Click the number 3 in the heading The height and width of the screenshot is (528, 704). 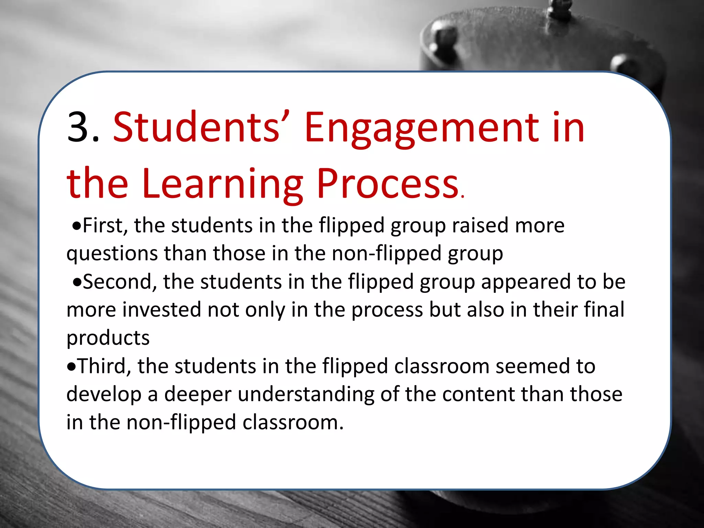(79, 127)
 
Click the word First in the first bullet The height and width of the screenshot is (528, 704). (105, 226)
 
